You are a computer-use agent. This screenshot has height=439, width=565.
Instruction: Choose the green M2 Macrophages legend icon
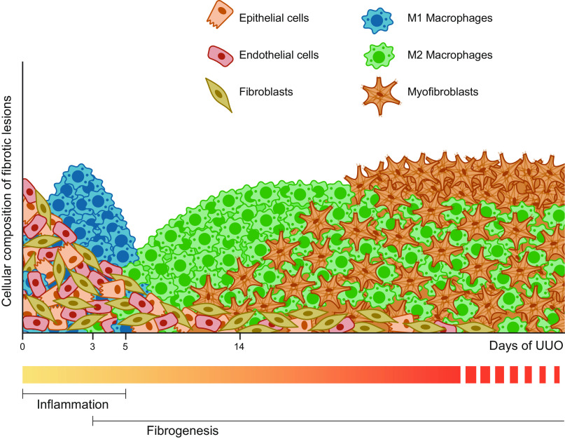378,55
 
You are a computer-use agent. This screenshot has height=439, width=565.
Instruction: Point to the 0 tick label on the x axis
23,345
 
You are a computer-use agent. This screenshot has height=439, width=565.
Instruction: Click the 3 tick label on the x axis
92,345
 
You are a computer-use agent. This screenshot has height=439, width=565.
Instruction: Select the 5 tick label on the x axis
125,345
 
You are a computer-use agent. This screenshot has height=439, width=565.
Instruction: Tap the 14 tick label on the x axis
239,345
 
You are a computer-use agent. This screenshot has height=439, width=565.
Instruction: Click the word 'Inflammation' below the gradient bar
73,405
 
